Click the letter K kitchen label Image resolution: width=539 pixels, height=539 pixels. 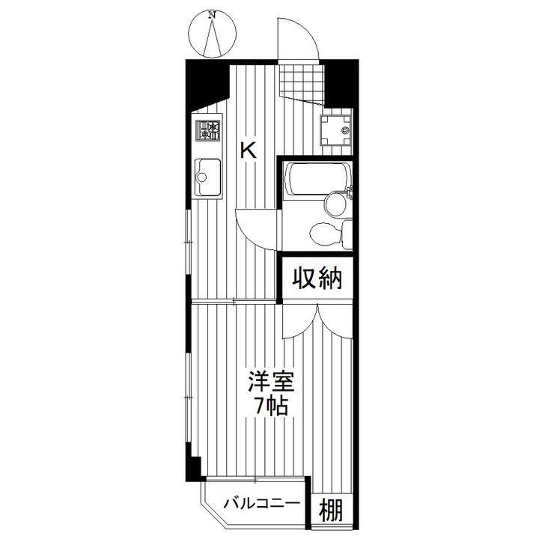[249, 150]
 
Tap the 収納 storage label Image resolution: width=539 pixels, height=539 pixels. [317, 278]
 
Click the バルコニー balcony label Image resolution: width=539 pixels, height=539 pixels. [261, 502]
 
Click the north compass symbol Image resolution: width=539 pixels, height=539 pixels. [214, 34]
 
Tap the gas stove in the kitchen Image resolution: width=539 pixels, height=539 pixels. [208, 133]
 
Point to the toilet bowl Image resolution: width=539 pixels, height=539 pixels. [323, 233]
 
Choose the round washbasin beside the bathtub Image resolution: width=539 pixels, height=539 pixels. [334, 204]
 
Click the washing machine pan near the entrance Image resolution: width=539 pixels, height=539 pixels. [335, 130]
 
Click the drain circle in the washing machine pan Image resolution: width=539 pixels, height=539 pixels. [344, 131]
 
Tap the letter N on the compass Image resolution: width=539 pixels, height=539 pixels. [213, 14]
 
